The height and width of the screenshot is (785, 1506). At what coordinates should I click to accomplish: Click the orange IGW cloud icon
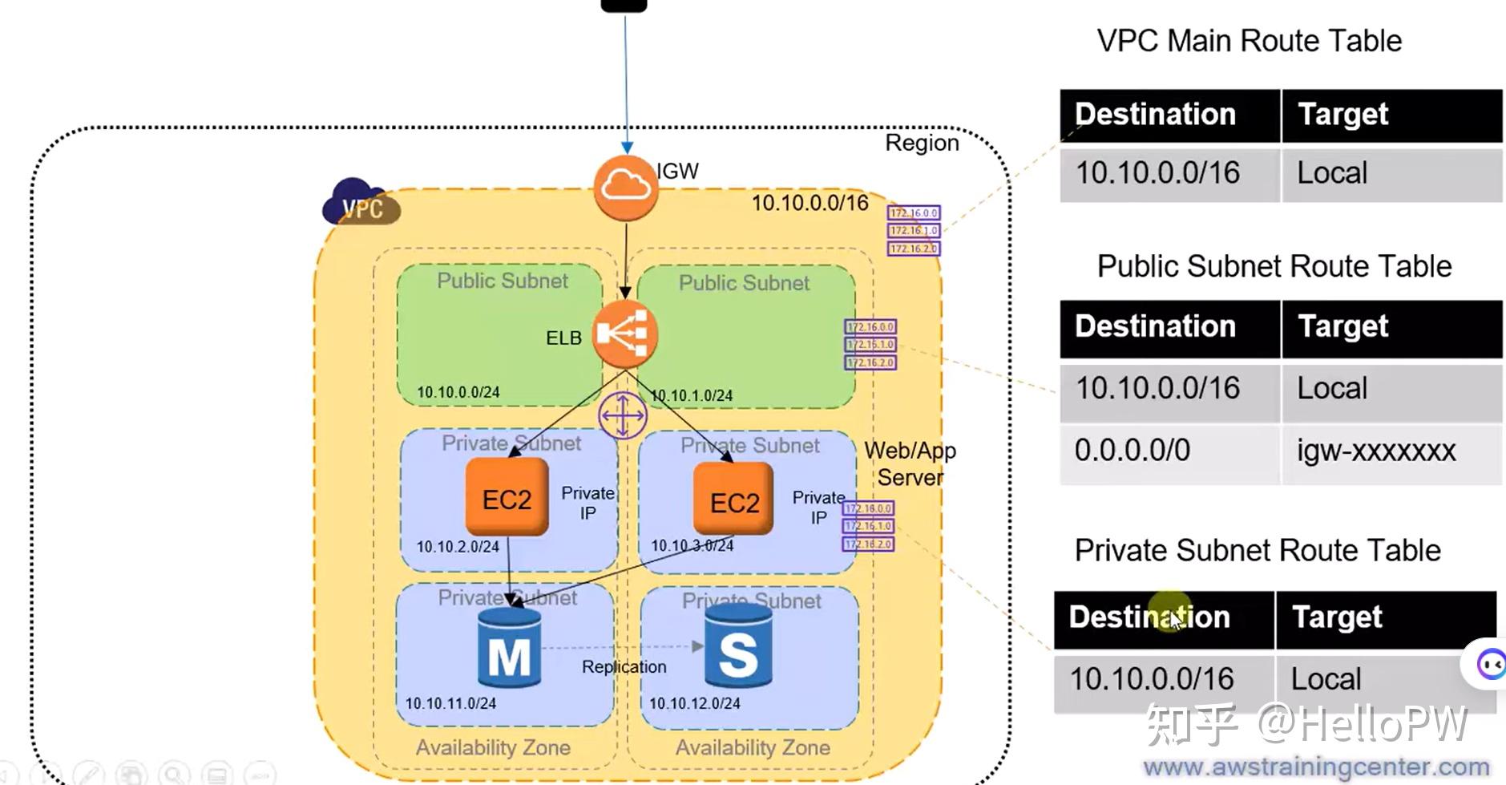626,188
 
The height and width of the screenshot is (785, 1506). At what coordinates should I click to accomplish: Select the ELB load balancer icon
624,334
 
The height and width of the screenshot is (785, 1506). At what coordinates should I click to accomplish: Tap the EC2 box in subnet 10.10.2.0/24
507,498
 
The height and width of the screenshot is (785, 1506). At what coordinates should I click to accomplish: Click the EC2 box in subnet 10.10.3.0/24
733,500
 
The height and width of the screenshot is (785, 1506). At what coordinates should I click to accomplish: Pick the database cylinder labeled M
509,648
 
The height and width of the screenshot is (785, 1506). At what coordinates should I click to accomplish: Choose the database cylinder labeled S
738,646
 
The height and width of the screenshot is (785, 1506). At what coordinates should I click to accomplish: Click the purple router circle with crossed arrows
623,415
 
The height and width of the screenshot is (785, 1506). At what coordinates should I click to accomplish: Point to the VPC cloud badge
360,204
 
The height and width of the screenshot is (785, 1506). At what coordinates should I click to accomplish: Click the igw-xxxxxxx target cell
1375,451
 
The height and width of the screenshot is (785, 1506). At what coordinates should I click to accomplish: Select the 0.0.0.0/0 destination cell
1132,451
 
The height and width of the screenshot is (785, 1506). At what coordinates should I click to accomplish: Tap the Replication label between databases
624,666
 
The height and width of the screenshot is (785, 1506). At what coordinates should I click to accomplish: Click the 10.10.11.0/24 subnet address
450,703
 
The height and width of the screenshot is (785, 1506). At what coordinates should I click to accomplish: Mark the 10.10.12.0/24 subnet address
694,703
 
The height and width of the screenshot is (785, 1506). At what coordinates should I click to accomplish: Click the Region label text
921,143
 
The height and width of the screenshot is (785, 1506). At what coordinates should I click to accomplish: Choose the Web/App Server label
910,463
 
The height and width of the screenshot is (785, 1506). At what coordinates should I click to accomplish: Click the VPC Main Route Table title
1249,41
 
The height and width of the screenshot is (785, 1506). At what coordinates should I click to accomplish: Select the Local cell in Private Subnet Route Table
1326,679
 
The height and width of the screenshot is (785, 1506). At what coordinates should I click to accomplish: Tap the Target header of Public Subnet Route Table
1342,327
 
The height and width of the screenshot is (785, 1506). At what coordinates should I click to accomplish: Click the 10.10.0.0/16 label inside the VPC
809,203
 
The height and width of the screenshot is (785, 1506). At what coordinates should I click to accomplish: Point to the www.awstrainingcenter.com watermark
1315,767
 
